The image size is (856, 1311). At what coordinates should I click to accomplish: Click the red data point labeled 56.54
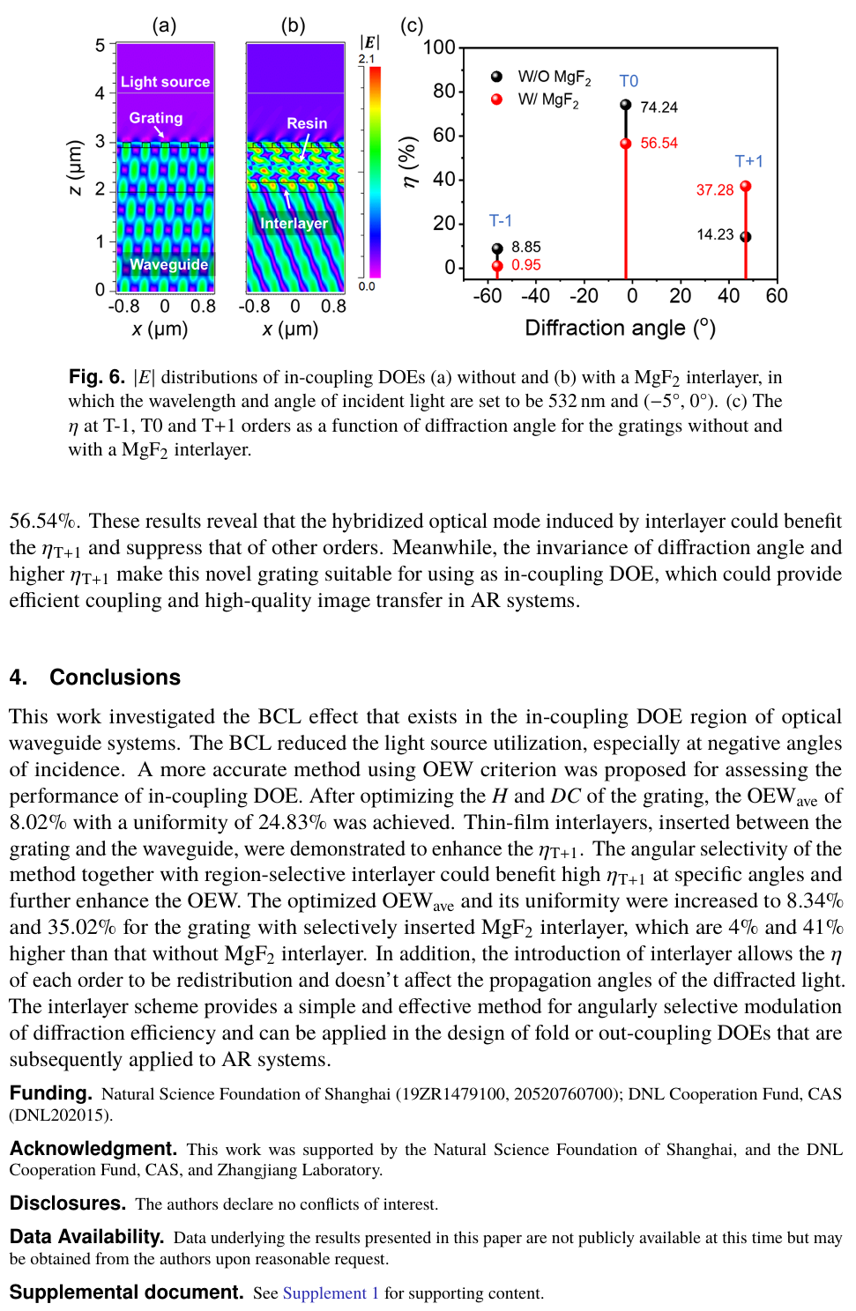pos(626,144)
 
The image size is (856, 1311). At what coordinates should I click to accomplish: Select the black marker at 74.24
pos(626,105)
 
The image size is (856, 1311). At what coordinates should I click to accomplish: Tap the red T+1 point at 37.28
pos(746,187)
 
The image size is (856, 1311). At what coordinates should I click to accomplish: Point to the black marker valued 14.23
pos(746,237)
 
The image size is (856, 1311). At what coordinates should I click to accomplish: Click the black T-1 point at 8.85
pos(497,249)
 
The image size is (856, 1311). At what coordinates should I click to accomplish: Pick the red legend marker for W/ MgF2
pos(497,100)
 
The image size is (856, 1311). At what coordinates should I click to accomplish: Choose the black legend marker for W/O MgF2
pos(497,77)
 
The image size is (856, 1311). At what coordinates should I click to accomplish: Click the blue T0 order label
pos(629,81)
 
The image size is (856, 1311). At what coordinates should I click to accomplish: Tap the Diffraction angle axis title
pos(620,328)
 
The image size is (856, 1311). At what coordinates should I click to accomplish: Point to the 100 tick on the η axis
pos(439,48)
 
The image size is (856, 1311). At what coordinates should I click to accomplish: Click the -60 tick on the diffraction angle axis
pos(488,296)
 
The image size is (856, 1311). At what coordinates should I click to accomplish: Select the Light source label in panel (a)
pos(165,82)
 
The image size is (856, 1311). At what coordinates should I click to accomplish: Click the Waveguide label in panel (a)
pos(168,264)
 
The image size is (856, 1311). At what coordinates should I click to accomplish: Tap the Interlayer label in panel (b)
pos(294,224)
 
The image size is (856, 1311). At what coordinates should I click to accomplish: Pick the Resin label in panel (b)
pos(307,123)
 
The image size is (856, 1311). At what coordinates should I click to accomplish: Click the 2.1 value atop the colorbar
pos(367,59)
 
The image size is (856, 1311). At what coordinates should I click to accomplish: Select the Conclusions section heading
pos(115,677)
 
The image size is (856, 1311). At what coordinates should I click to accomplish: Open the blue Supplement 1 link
pos(331,1292)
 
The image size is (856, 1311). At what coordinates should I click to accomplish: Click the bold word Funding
pos(50,1093)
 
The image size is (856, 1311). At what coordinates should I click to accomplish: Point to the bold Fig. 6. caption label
pos(97,377)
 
